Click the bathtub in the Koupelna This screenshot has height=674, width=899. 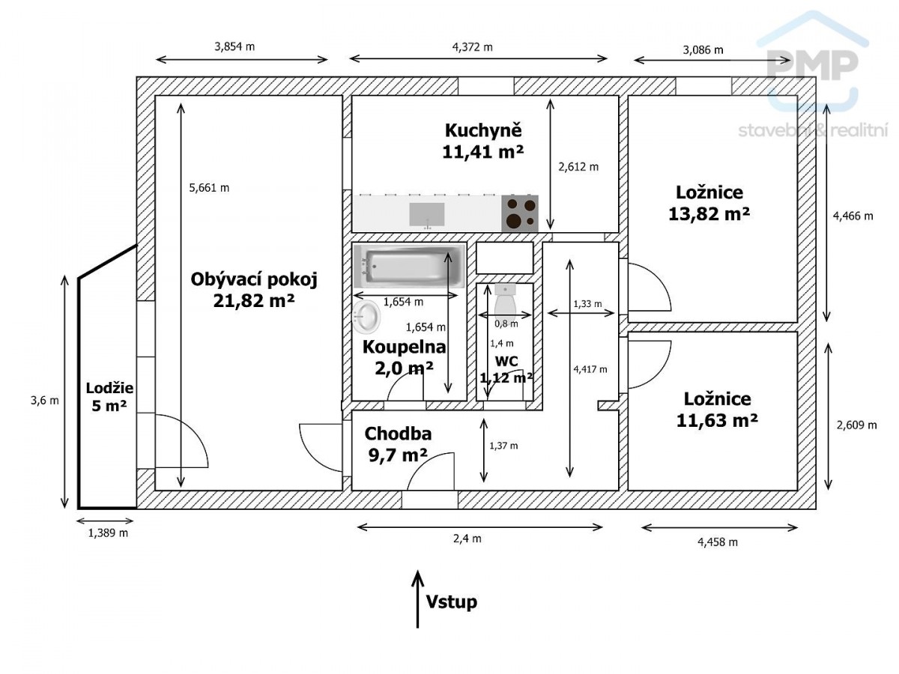409,265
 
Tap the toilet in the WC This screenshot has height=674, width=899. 506,303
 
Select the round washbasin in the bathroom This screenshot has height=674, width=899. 366,317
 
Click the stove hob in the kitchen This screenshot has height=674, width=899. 520,213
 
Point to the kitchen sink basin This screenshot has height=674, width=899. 427,214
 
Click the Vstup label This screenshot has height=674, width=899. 451,602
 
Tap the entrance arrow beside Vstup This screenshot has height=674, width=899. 417,599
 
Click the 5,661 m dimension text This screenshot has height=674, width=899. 209,188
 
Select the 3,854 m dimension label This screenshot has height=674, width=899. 234,46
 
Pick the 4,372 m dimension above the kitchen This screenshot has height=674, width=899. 472,47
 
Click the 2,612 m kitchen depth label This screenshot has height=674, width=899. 578,167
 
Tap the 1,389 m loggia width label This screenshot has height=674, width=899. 108,532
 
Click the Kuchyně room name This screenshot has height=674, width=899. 483,130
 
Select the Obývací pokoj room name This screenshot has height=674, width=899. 254,280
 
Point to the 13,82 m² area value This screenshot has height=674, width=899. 709,214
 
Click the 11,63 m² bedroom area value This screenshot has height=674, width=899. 717,420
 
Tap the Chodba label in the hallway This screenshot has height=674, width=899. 398,434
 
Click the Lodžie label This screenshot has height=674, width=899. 109,388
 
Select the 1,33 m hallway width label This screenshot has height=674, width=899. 587,303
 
